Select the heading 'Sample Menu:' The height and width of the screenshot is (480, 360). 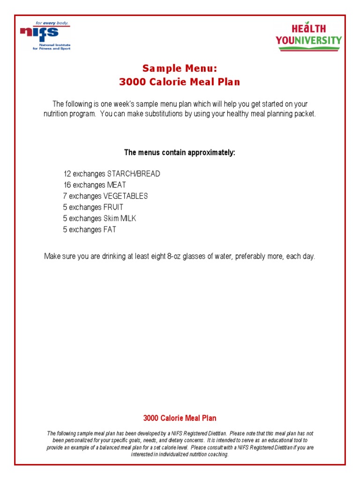[x=180, y=68]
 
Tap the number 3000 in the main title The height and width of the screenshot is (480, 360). [x=133, y=82]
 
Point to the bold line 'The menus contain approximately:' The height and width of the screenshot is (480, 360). [x=180, y=152]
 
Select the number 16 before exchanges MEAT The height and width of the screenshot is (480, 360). [x=67, y=185]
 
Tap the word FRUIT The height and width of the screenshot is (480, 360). [x=113, y=207]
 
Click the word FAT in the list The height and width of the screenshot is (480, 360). [x=110, y=230]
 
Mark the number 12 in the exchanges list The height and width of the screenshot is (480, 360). [x=67, y=174]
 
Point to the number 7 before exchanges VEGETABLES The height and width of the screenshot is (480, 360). [x=65, y=196]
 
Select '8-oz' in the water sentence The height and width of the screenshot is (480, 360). [x=175, y=256]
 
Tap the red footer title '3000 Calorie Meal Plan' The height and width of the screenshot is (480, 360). [x=180, y=418]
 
